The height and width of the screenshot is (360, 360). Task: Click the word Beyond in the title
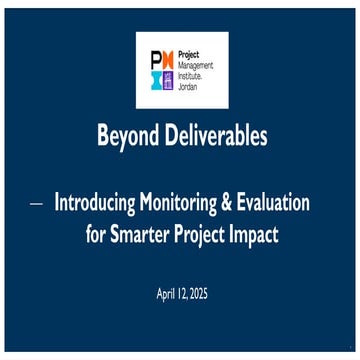125,138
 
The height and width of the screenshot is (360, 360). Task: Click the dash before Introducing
36,203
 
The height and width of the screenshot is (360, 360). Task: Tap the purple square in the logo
167,80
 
